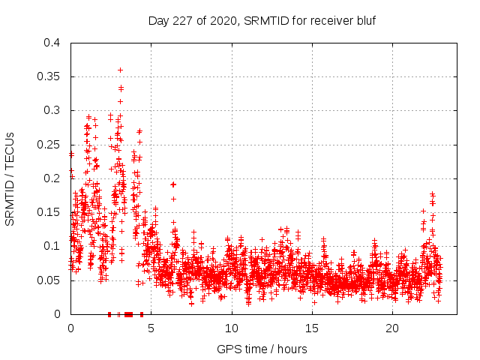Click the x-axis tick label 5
click(151, 328)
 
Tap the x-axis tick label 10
click(232, 328)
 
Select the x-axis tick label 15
click(312, 328)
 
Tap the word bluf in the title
click(365, 20)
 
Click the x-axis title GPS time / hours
click(262, 349)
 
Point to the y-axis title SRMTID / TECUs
click(10, 178)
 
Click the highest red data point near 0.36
click(120, 70)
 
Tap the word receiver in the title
click(328, 20)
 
